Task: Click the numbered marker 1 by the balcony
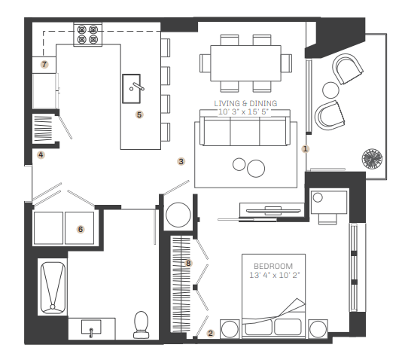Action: [x=306, y=149]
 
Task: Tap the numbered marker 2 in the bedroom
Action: [x=211, y=334]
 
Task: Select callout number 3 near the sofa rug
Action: [x=181, y=161]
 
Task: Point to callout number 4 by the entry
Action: [x=41, y=155]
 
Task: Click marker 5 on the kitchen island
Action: [x=139, y=114]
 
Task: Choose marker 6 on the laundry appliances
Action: [x=81, y=229]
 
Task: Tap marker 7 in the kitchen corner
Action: [x=44, y=64]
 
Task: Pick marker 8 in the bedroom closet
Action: [x=188, y=264]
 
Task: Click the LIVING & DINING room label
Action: [x=245, y=104]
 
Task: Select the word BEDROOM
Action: [x=273, y=266]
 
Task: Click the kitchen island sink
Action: [x=132, y=89]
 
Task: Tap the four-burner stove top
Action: [x=88, y=35]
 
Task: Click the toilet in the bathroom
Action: [x=141, y=325]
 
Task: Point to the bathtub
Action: [x=53, y=288]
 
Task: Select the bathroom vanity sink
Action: [x=91, y=328]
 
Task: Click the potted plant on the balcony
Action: [x=372, y=159]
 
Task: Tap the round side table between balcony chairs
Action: [x=330, y=90]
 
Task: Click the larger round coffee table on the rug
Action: [x=256, y=169]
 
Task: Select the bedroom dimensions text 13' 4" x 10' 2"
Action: [x=275, y=275]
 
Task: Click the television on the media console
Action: [x=273, y=211]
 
